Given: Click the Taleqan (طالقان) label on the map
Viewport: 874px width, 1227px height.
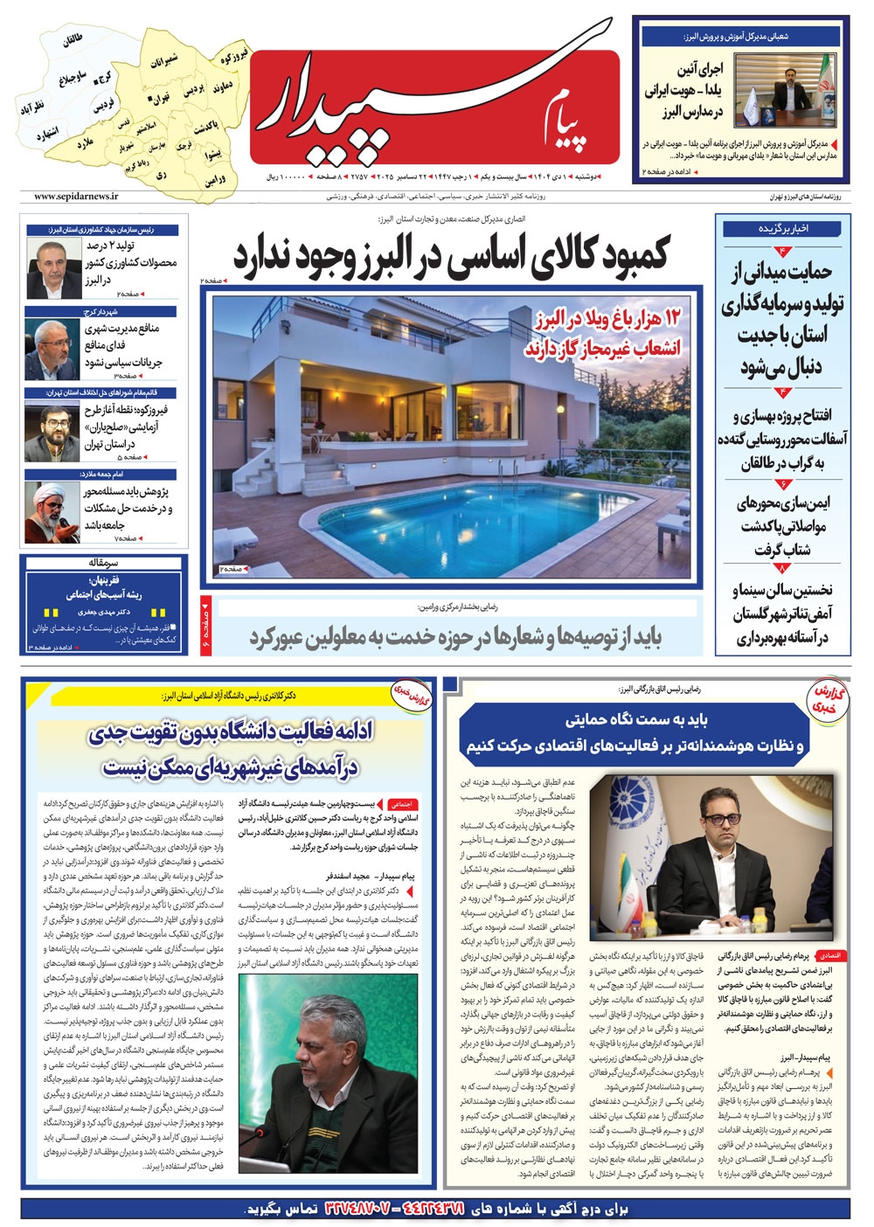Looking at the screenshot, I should (x=73, y=41).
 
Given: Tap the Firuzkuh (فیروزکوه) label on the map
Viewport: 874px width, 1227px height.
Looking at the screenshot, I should (x=234, y=59).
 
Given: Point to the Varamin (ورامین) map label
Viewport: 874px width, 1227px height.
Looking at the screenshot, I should (x=217, y=181).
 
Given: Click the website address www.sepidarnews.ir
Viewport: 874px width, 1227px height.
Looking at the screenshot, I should (x=77, y=198).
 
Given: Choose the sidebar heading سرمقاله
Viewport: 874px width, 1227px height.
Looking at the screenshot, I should (x=102, y=563).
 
